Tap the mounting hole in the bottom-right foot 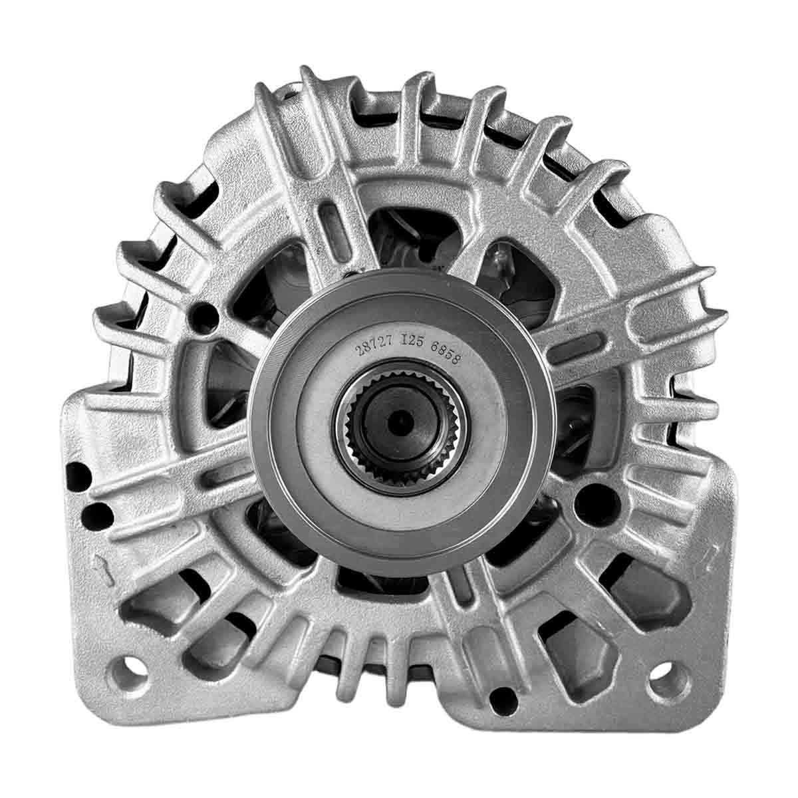pyautogui.click(x=670, y=678)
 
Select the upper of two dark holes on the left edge pyautogui.click(x=78, y=477)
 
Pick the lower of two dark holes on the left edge pyautogui.click(x=97, y=515)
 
